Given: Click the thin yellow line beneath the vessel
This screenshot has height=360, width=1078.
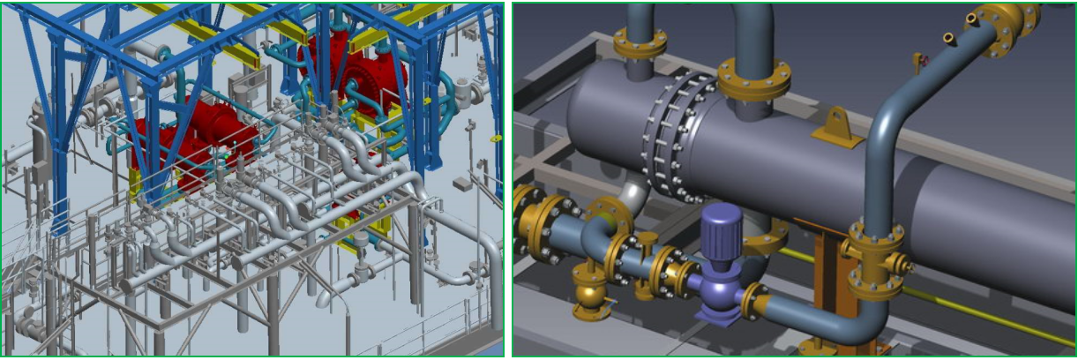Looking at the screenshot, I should point(970,304).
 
